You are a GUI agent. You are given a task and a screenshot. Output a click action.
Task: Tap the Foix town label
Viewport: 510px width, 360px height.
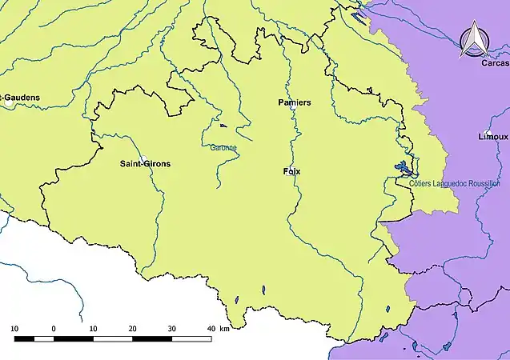[292, 172]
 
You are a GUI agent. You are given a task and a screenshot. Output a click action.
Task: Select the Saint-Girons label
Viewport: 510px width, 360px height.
[145, 164]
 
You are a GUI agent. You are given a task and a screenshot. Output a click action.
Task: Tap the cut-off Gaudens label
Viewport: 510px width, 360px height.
[22, 98]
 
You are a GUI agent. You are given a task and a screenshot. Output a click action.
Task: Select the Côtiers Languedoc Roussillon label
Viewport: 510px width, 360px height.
[454, 184]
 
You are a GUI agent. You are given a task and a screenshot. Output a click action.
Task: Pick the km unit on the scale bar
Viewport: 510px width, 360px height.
[225, 329]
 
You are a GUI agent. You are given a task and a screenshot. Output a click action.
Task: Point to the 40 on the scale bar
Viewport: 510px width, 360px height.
[211, 329]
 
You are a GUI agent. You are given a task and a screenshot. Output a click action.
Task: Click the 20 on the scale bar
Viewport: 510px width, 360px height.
[132, 329]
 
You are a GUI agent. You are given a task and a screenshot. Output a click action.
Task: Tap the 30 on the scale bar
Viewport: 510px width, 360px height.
[171, 329]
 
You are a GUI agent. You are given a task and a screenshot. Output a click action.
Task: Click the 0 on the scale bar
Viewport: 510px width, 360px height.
[54, 329]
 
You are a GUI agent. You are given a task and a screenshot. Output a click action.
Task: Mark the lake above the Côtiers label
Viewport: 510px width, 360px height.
[403, 169]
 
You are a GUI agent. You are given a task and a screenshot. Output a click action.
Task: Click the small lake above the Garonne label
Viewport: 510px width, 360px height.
[223, 126]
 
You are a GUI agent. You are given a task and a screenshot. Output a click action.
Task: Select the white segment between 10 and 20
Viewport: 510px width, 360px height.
[112, 339]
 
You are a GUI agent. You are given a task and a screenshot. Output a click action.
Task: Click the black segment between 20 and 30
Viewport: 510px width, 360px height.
[151, 339]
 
